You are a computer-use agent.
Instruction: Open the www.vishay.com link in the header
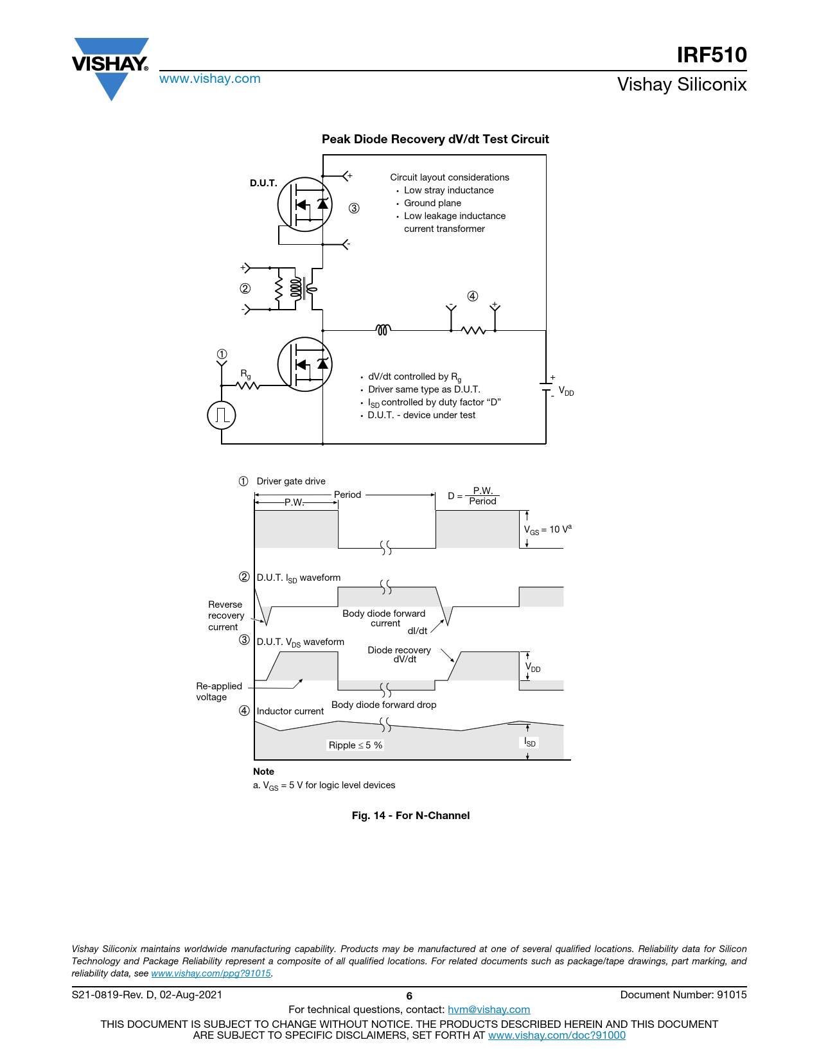(x=209, y=79)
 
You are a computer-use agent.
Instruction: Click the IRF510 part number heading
(x=711, y=55)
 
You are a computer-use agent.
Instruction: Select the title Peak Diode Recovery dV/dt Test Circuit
(x=435, y=139)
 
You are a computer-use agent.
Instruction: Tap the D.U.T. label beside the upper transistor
(x=263, y=183)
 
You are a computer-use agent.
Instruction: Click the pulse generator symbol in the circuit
(x=222, y=415)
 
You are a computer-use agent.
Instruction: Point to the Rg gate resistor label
(x=245, y=373)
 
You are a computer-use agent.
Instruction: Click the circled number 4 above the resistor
(x=473, y=296)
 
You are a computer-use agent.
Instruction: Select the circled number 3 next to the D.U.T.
(x=354, y=208)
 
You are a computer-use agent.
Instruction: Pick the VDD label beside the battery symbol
(x=566, y=391)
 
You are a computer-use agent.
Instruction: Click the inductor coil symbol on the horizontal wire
(x=383, y=330)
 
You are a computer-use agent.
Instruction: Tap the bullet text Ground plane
(x=432, y=203)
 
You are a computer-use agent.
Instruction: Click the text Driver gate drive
(x=291, y=481)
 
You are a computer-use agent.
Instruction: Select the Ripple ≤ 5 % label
(x=355, y=745)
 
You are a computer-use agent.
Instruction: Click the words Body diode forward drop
(x=383, y=705)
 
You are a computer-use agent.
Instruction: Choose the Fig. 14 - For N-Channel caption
(x=410, y=815)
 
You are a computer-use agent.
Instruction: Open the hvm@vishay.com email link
(x=488, y=1009)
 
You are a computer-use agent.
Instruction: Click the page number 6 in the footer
(x=409, y=996)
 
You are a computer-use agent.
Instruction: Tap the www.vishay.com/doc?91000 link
(x=556, y=1035)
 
